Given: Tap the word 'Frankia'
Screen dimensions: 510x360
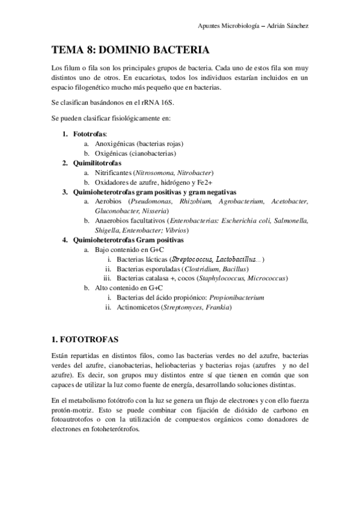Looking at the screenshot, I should click(x=218, y=307).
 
